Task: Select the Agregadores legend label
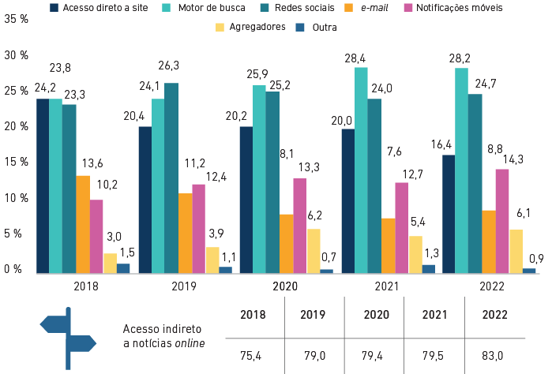[x=256, y=27]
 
